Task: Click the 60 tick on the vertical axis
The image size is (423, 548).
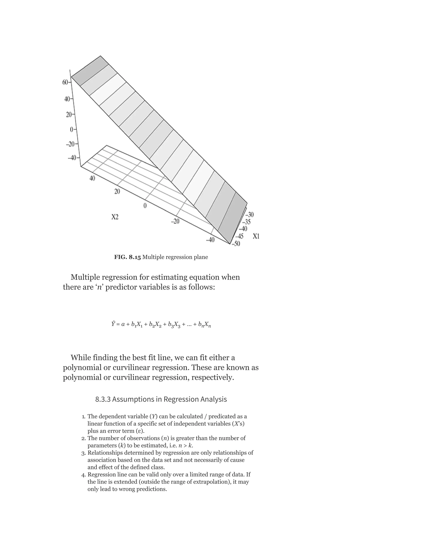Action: [x=65, y=82]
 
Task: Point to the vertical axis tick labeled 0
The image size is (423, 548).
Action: [x=72, y=129]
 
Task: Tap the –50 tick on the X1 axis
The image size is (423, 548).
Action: [x=236, y=244]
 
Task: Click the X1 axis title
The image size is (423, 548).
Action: [x=256, y=236]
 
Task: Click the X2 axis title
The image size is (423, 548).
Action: [x=115, y=217]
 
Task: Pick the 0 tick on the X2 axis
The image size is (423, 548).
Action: [x=145, y=206]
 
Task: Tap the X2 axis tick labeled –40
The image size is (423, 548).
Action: [x=210, y=240]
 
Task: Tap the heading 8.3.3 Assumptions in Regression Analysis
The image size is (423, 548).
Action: [x=161, y=399]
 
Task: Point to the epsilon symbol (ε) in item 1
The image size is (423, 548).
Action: [x=140, y=431]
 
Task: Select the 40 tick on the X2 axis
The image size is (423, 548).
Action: [x=92, y=178]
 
